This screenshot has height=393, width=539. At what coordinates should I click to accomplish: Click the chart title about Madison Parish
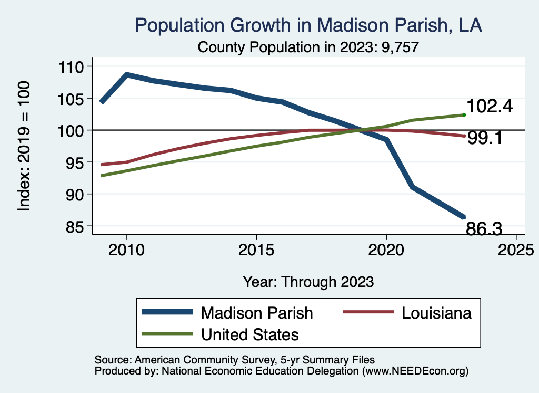coord(308,25)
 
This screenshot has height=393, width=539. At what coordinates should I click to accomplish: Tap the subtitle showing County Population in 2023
coord(308,47)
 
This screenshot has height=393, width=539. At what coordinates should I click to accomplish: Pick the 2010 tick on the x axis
coord(126,250)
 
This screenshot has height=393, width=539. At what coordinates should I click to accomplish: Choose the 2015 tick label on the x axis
coord(256,250)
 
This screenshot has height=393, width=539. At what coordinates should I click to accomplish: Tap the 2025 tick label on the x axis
coord(516,250)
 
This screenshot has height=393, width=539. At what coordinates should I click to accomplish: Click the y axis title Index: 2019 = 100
coord(24,146)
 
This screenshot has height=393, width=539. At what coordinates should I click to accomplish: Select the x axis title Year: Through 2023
coord(308,282)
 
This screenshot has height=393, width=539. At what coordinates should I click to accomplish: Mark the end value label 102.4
coord(490,107)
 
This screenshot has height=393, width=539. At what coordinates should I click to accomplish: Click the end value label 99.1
coord(484,138)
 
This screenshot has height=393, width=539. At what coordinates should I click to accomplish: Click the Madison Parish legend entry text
coord(256,313)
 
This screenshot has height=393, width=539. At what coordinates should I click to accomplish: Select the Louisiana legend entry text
coord(436,313)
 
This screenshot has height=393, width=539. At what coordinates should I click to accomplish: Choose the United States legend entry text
coord(250,334)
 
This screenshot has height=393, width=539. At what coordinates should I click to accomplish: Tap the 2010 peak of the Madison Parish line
coord(126,75)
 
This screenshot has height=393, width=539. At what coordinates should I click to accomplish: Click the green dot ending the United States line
coord(464,114)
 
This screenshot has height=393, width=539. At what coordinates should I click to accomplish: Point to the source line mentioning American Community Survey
coord(234,360)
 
